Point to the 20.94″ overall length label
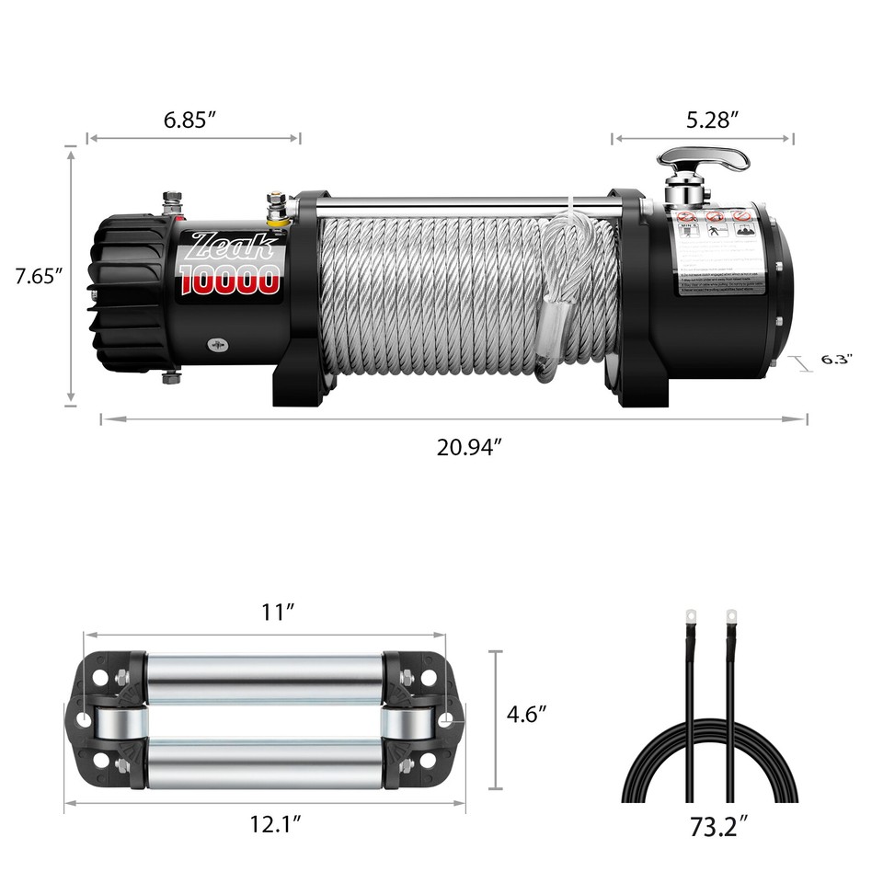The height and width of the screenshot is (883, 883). tap(469, 448)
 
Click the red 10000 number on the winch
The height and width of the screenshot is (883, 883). tap(230, 280)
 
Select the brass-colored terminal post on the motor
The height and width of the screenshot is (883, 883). tap(273, 209)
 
